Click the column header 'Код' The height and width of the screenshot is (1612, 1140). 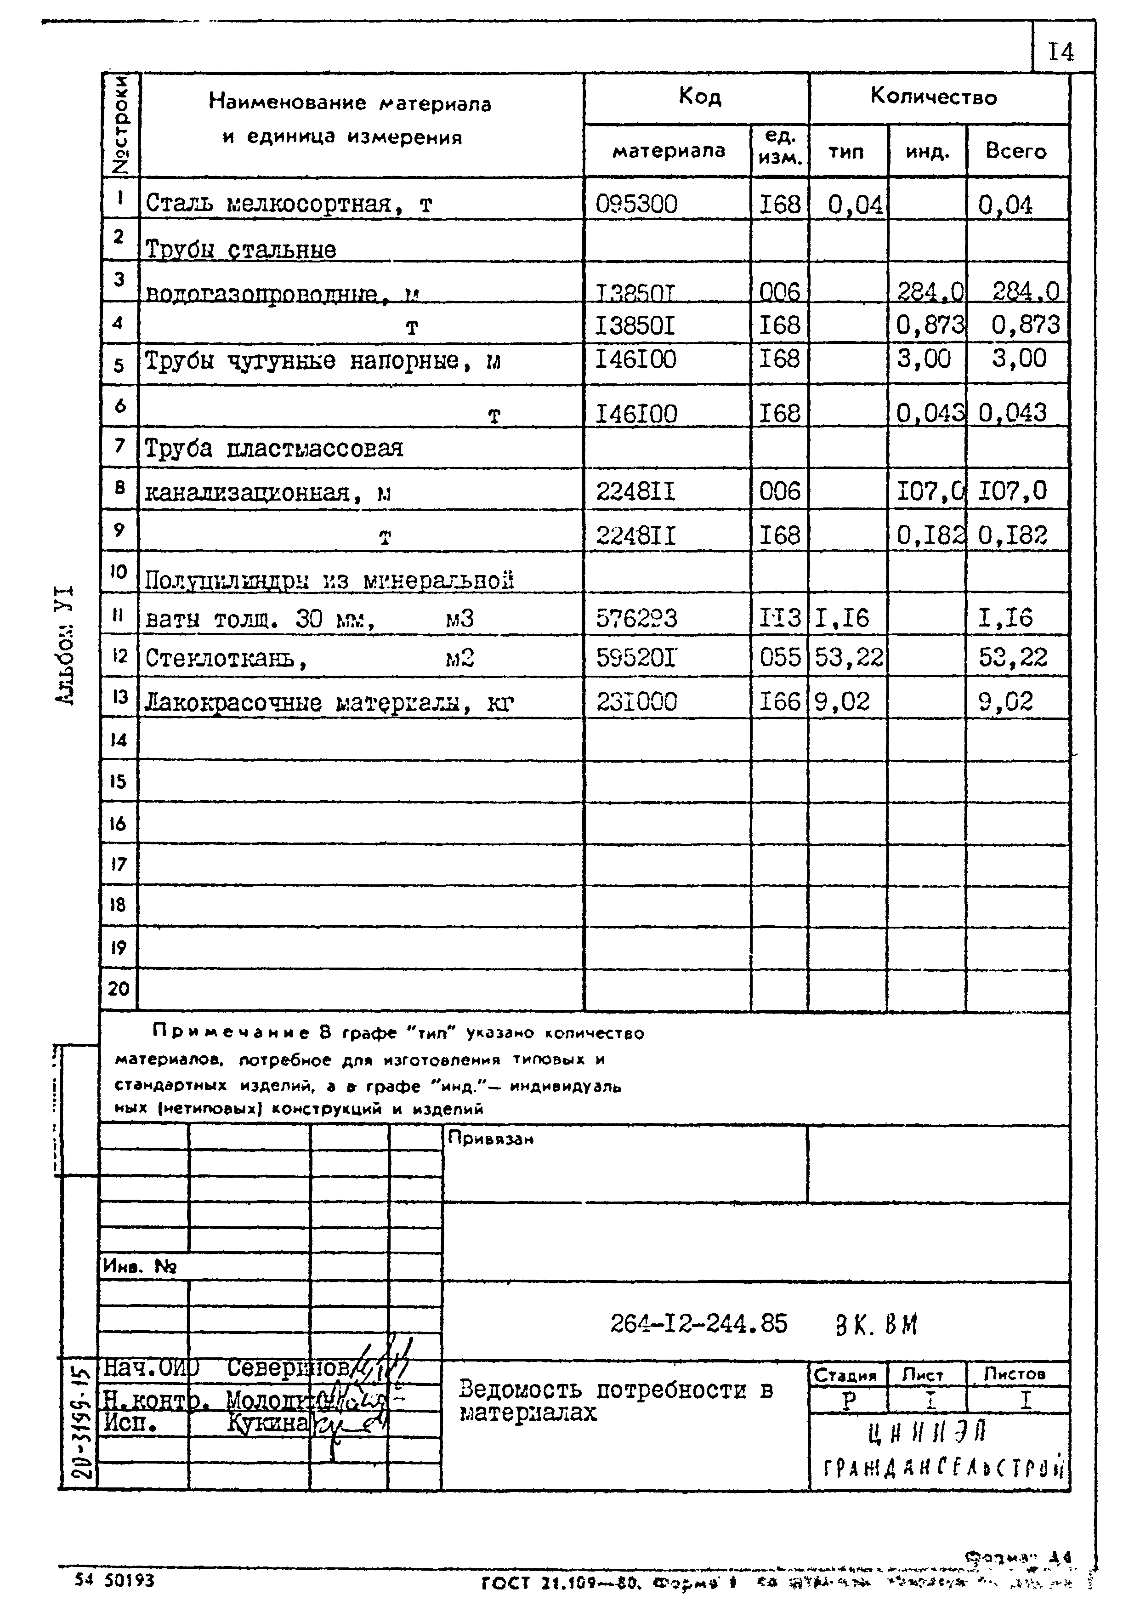[x=699, y=96]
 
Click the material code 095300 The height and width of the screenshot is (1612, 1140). [x=637, y=204]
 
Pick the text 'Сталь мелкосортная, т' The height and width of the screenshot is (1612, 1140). [x=289, y=204]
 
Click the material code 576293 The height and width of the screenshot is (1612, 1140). [x=637, y=618]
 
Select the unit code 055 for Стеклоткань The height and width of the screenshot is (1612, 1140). [x=779, y=658]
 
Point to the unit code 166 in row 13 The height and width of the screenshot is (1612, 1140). [x=779, y=701]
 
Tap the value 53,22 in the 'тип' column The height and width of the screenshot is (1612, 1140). [x=848, y=658]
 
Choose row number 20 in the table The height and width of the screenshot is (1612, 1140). [x=119, y=989]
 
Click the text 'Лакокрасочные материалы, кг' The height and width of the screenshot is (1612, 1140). [x=329, y=703]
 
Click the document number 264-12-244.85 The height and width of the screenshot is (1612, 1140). [x=698, y=1324]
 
